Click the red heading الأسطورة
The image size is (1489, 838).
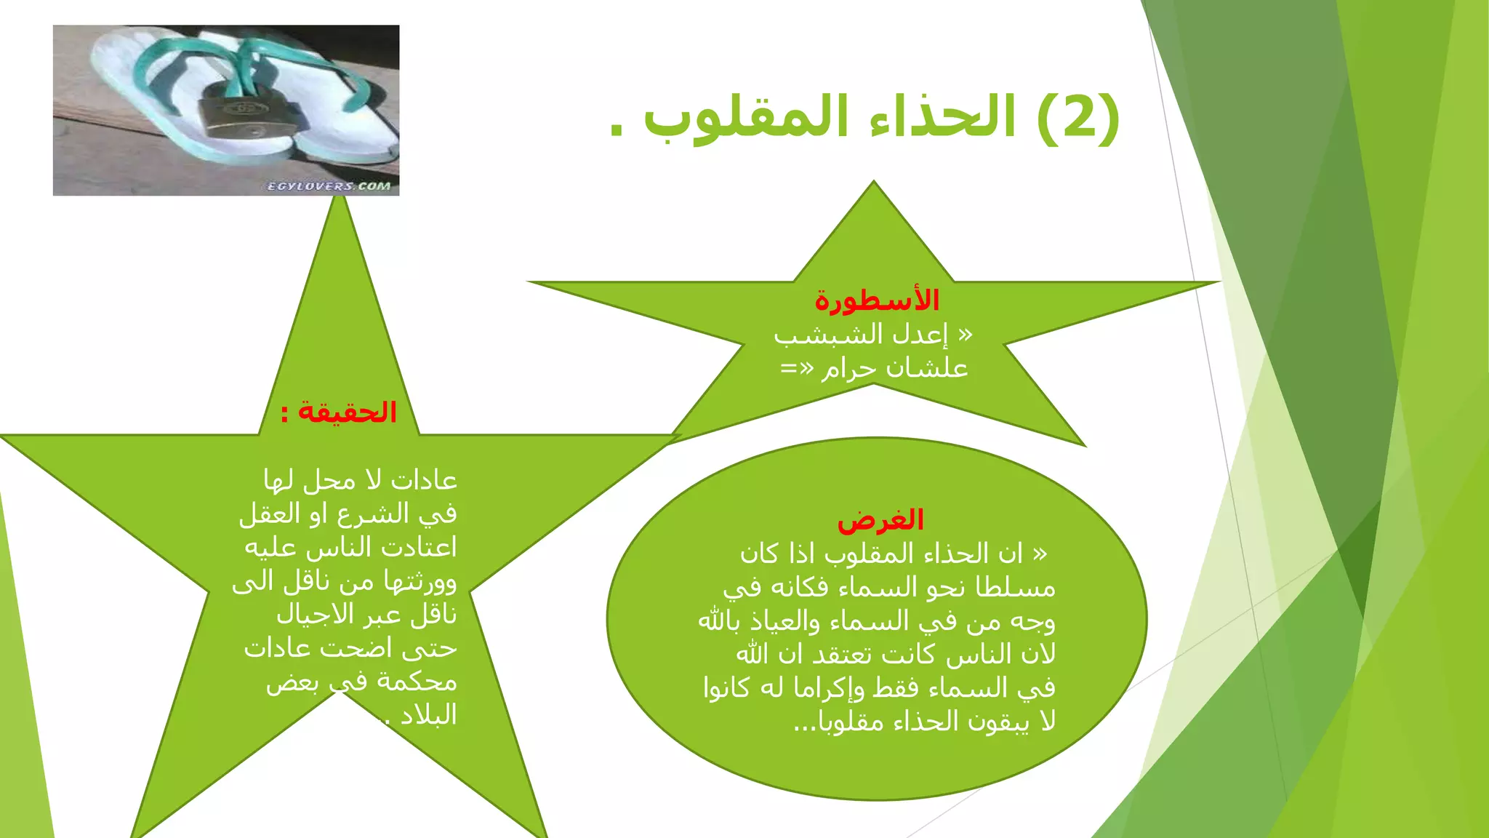[x=877, y=300]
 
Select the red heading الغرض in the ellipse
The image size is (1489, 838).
[x=880, y=519]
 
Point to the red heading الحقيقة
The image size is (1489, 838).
[x=348, y=412]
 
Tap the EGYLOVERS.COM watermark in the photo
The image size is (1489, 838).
[x=329, y=186]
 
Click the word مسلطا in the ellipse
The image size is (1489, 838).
[x=1015, y=588]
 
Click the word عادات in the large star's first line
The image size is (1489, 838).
[x=424, y=481]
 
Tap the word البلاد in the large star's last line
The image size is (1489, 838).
[x=429, y=716]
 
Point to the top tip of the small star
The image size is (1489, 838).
[x=874, y=184]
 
